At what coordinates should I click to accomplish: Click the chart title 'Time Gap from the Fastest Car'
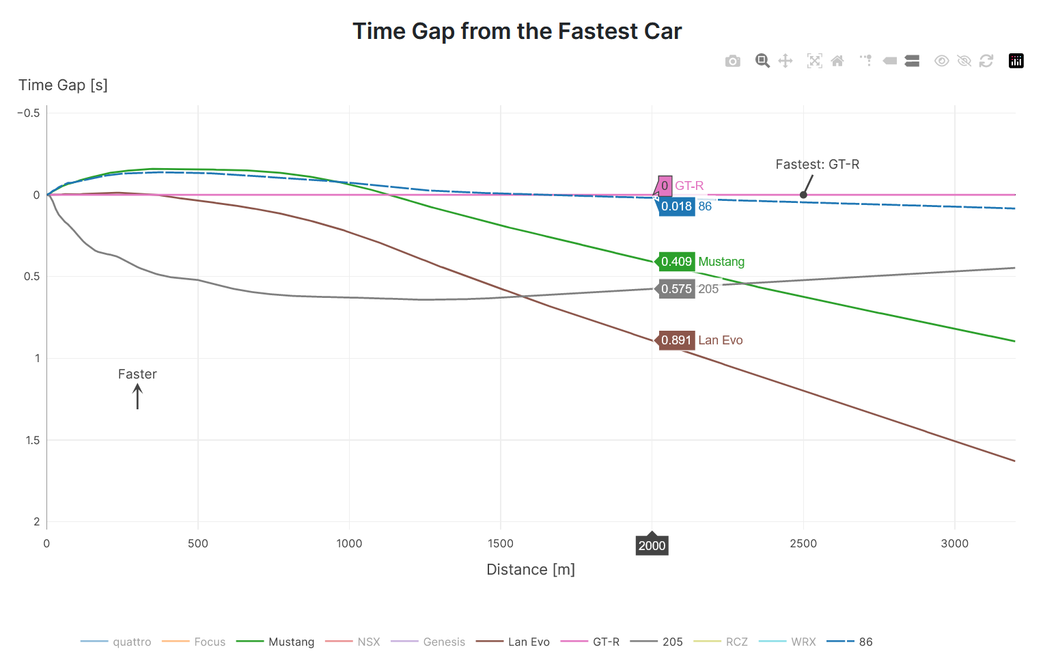517,31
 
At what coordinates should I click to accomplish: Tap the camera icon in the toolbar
732,61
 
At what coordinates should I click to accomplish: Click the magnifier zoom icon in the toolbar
762,61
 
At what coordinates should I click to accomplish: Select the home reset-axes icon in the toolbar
837,61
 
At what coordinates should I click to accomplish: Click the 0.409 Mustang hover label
676,262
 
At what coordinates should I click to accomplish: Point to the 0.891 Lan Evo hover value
676,340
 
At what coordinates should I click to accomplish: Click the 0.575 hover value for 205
676,289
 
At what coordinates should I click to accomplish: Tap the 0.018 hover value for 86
676,206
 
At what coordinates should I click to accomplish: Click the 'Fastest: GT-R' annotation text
817,165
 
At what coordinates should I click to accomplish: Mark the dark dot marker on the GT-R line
803,195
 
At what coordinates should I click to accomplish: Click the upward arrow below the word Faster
137,396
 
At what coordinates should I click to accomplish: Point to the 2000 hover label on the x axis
652,545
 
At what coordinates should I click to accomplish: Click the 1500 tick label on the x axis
501,544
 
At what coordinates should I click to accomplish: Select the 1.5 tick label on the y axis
33,440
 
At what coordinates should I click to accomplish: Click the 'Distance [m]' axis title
531,570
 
